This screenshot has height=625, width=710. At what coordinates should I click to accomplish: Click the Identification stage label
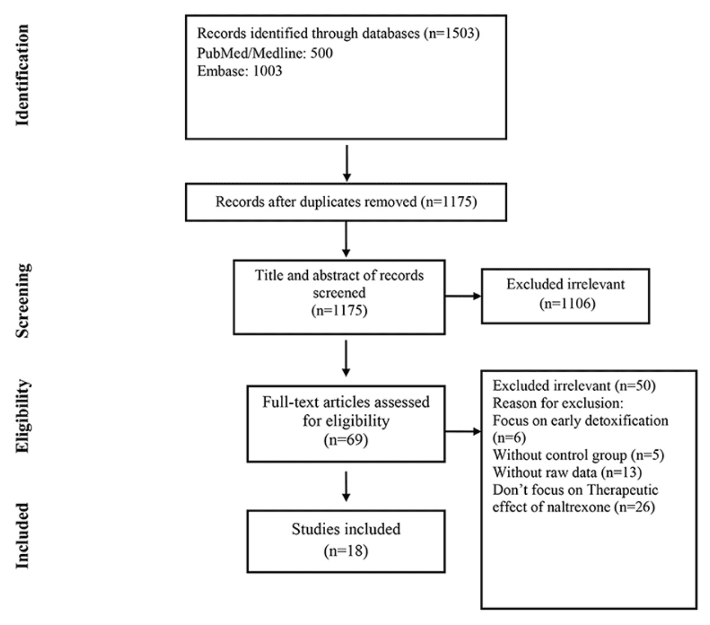pyautogui.click(x=22, y=75)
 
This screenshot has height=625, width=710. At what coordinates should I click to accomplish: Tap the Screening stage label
pyautogui.click(x=22, y=300)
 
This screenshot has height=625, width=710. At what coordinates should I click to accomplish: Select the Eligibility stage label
pyautogui.click(x=22, y=416)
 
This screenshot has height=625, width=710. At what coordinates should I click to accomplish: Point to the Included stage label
pyautogui.click(x=22, y=535)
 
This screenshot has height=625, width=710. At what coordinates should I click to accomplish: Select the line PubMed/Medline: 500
pyautogui.click(x=265, y=53)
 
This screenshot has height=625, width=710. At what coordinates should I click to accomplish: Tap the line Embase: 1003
pyautogui.click(x=240, y=71)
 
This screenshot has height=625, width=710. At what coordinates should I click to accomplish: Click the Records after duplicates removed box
pyautogui.click(x=346, y=202)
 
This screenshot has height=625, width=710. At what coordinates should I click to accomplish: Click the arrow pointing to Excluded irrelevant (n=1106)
pyautogui.click(x=463, y=296)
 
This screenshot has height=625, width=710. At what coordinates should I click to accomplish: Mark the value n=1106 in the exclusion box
pyautogui.click(x=567, y=304)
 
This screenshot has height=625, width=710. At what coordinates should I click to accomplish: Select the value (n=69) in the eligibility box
pyautogui.click(x=346, y=440)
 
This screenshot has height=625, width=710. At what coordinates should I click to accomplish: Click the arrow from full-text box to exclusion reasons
pyautogui.click(x=463, y=432)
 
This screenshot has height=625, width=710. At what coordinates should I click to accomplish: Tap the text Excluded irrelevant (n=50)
pyautogui.click(x=574, y=386)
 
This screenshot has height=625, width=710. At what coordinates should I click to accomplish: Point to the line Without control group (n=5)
pyautogui.click(x=578, y=455)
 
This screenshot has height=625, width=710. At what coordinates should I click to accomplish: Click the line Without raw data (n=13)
pyautogui.click(x=567, y=472)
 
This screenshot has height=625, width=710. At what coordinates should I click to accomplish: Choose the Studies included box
pyautogui.click(x=346, y=541)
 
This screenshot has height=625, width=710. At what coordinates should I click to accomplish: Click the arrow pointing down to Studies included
pyautogui.click(x=346, y=486)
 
